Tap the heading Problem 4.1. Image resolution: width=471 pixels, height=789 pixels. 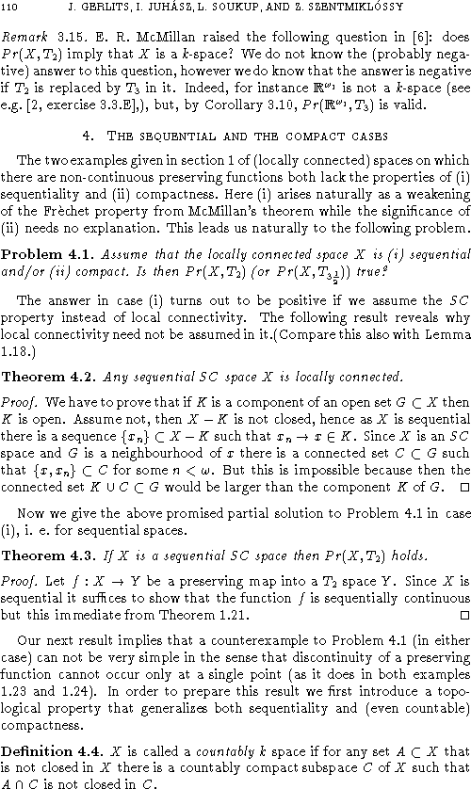tap(39, 254)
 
